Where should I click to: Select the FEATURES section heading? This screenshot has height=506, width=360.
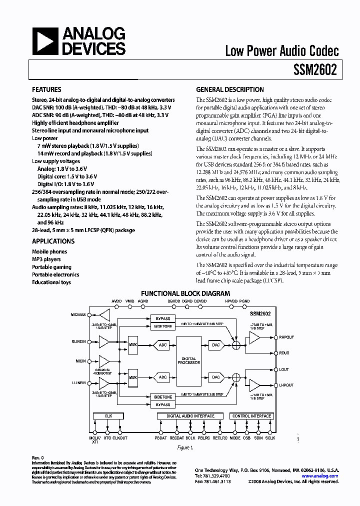(46, 90)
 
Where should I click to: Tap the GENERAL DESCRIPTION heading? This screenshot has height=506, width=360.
(229, 90)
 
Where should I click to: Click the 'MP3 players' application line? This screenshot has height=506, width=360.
(46, 259)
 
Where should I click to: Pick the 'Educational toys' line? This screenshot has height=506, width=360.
(51, 282)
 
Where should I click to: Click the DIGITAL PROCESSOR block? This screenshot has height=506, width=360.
(189, 360)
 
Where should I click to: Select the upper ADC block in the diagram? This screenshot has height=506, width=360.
(162, 344)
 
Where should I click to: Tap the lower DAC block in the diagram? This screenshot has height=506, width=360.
(216, 377)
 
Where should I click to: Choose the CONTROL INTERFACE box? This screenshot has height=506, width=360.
(251, 416)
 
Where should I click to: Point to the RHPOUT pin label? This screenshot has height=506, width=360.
(286, 337)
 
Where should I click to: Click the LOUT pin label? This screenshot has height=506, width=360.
(284, 369)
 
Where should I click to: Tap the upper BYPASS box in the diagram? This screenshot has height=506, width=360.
(163, 318)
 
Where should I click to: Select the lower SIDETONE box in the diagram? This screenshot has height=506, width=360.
(163, 397)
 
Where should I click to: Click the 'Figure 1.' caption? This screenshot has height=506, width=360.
(185, 447)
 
